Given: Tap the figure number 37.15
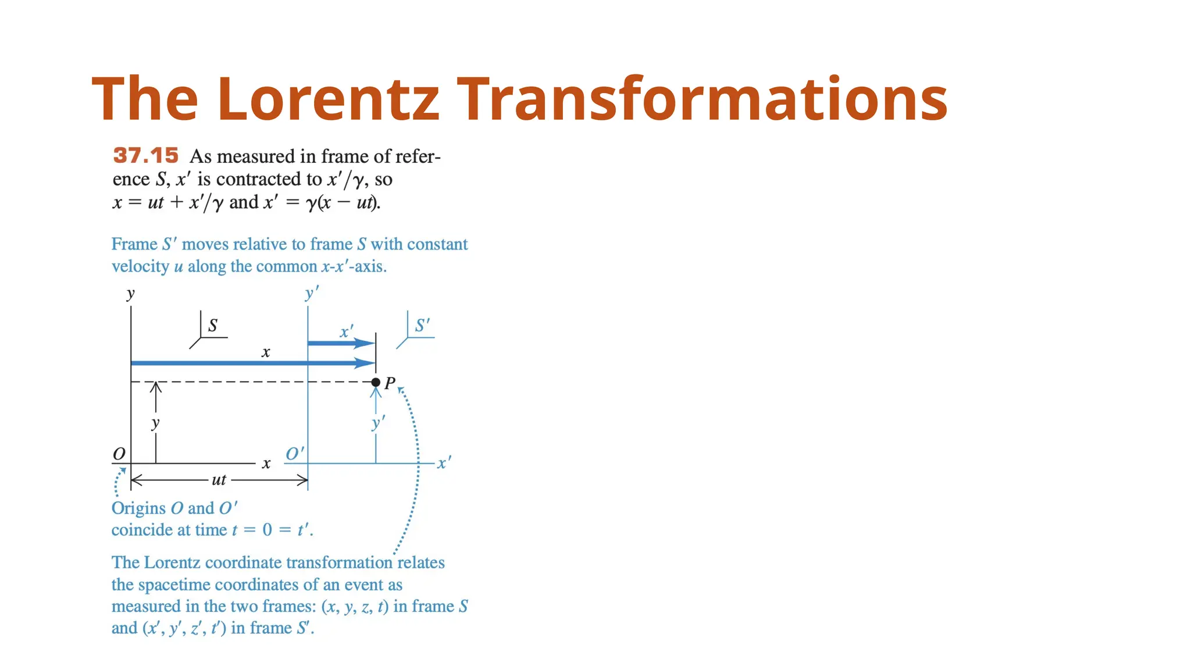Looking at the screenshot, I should [145, 155].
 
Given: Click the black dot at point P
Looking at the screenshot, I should [376, 382].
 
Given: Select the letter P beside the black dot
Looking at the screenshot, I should [390, 383].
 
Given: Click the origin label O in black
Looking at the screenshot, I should [119, 454].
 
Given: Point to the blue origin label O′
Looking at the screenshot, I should [294, 454].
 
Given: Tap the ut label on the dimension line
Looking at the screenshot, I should [219, 480].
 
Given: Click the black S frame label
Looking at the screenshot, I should [213, 325].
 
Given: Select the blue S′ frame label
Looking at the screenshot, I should [422, 325].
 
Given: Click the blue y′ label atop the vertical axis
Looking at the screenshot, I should [312, 293].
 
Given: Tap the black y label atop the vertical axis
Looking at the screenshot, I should [130, 294].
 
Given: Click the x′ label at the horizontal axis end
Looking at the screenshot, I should [444, 463].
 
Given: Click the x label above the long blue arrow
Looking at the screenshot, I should [266, 352].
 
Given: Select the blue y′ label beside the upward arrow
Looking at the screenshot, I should [378, 423].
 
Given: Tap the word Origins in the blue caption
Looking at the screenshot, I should [138, 508].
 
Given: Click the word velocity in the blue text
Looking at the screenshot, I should [140, 266].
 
